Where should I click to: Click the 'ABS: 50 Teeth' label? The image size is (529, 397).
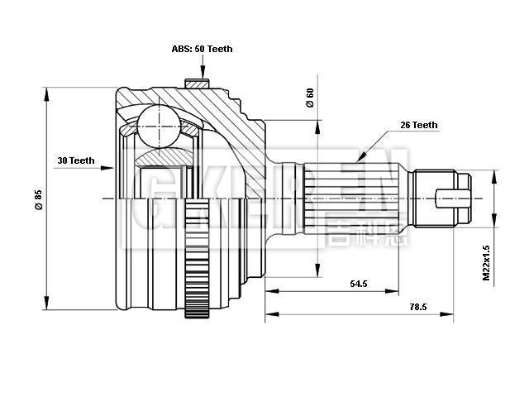pos(203,49)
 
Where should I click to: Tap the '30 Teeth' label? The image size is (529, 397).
pos(76,160)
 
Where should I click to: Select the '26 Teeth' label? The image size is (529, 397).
pos(418,125)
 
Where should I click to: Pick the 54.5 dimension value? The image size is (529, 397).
pos(358,284)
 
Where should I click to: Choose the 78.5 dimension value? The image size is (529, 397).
pos(417,307)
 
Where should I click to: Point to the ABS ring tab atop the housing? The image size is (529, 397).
pos(195,84)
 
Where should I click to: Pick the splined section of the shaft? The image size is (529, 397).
pos(355,199)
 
